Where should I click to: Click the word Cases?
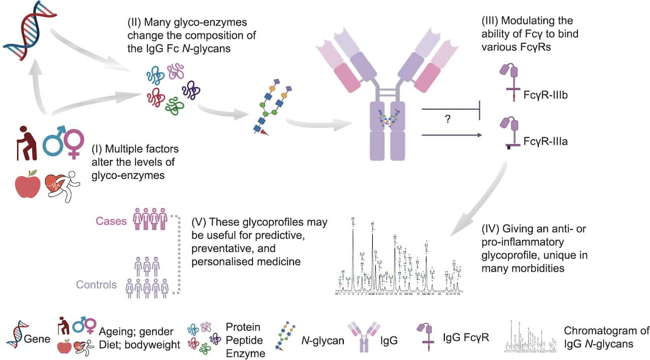point(111,221)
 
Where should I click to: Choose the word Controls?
point(96,284)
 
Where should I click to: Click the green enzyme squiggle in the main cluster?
point(174,106)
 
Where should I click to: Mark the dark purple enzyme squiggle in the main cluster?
point(191,90)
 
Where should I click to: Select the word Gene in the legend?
point(38,338)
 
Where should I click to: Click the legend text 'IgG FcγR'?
point(466,337)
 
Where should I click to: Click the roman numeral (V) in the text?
point(199,222)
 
